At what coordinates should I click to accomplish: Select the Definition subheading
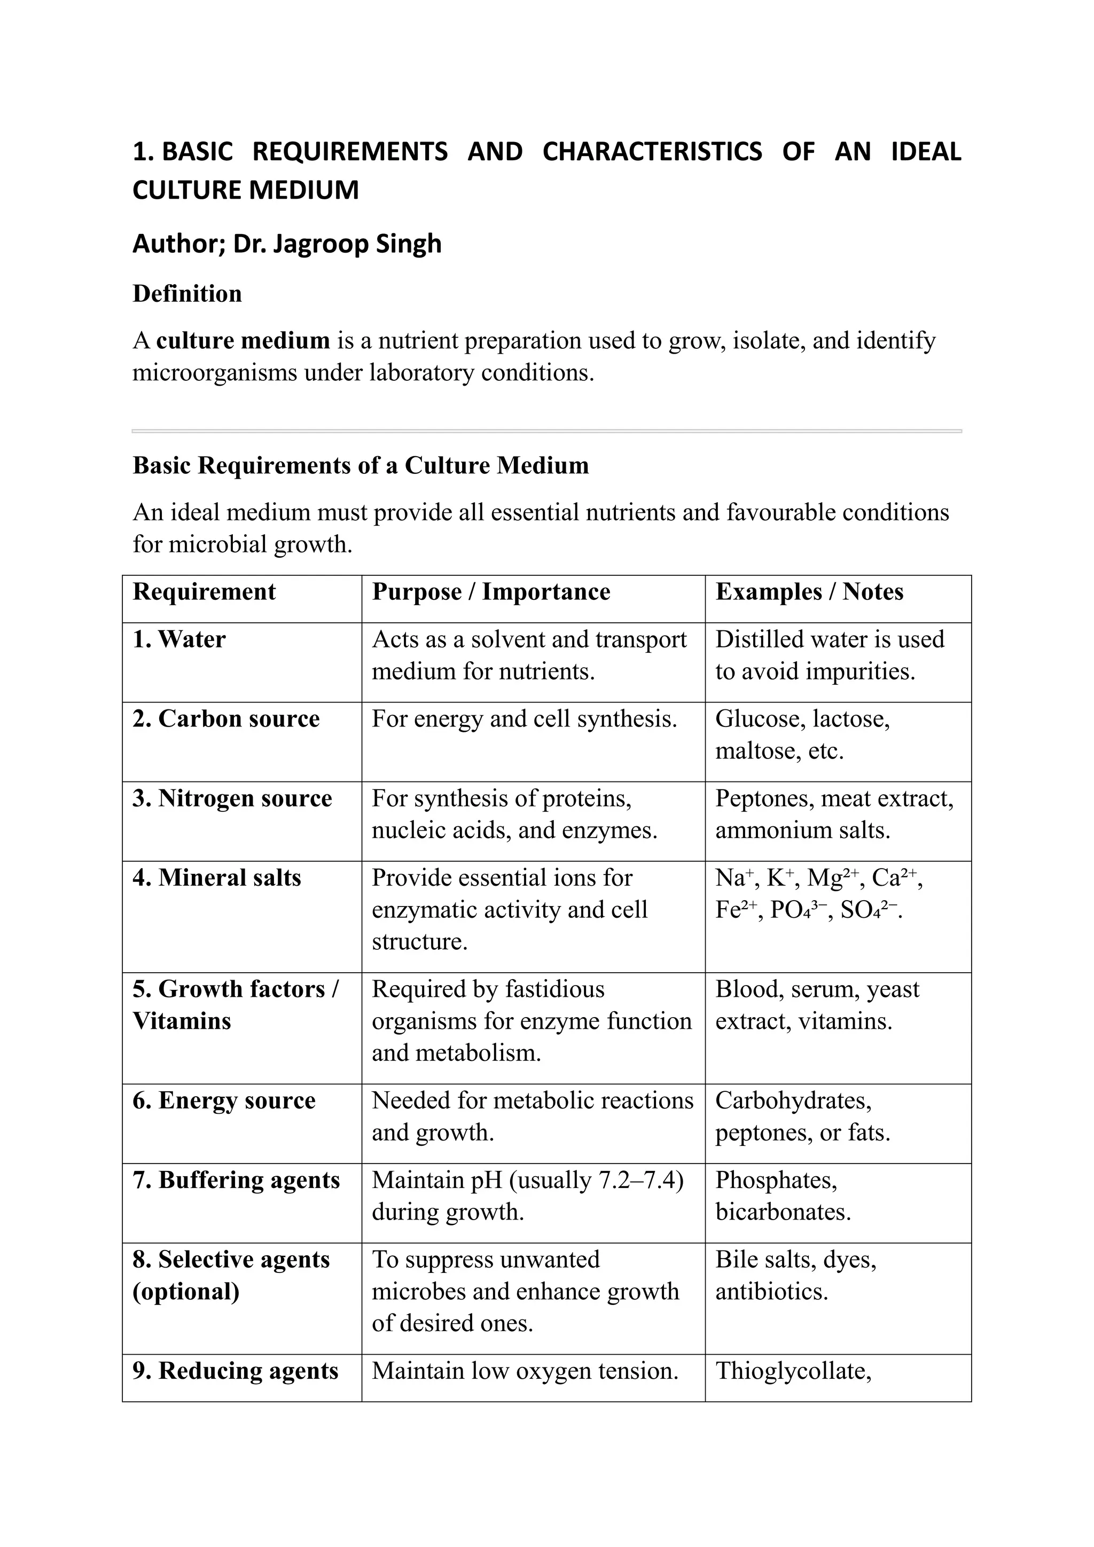pos(187,294)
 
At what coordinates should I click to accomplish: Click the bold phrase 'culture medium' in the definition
pos(243,340)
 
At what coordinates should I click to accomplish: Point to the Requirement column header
pos(204,591)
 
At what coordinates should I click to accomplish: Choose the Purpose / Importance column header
pos(491,591)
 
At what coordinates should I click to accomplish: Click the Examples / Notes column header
pos(809,591)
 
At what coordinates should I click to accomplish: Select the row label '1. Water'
pos(179,639)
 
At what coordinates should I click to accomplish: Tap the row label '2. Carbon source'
pos(225,718)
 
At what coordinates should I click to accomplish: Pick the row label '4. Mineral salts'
pos(217,877)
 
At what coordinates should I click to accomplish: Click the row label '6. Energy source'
pos(224,1100)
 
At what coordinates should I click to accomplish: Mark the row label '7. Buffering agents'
pos(237,1180)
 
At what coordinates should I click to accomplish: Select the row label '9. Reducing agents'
pos(235,1371)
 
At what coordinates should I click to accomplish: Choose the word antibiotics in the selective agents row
pos(771,1291)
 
